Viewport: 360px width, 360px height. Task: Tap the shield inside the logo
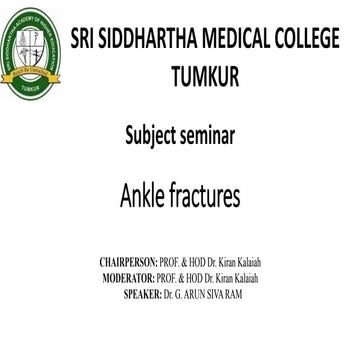[35, 47]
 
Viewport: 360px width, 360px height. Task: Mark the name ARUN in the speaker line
[208, 295]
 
